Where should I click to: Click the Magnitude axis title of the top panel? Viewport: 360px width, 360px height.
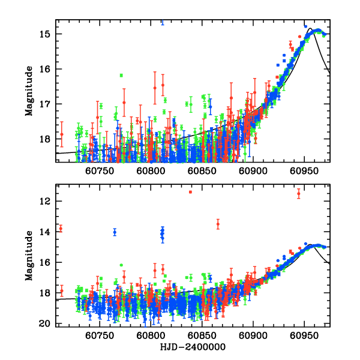(29, 91)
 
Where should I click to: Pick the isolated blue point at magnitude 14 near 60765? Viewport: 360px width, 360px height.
(115, 232)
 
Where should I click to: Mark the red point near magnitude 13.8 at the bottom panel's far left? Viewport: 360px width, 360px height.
(61, 229)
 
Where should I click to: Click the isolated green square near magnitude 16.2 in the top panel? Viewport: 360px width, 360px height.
(121, 76)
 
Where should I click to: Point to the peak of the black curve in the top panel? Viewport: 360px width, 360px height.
(310, 28)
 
